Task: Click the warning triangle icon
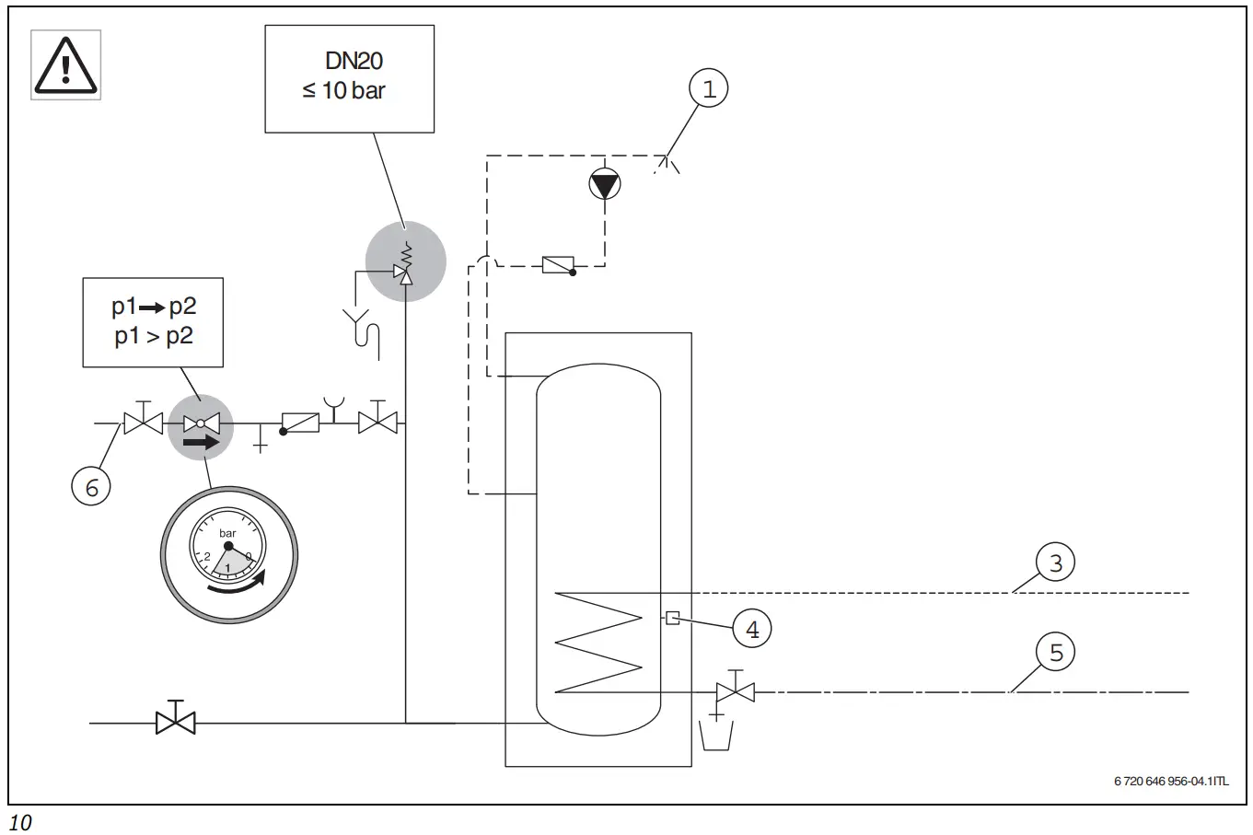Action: pos(65,65)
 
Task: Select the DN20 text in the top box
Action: pos(354,61)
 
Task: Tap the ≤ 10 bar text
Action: pos(343,91)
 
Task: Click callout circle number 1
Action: pos(708,89)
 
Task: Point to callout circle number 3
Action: pos(1055,562)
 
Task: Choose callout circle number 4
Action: pos(752,630)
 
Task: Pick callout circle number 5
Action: pos(1055,652)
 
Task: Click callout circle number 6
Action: pos(91,486)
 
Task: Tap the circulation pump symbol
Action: pos(605,185)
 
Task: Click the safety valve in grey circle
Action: pos(405,262)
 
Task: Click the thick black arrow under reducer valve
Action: pos(202,443)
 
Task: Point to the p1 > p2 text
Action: pos(154,336)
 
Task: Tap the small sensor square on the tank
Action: pos(672,619)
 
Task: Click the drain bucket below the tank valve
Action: pos(722,734)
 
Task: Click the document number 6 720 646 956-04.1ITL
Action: pos(1170,782)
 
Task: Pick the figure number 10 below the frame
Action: pos(19,822)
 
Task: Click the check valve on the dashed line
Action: pos(559,265)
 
